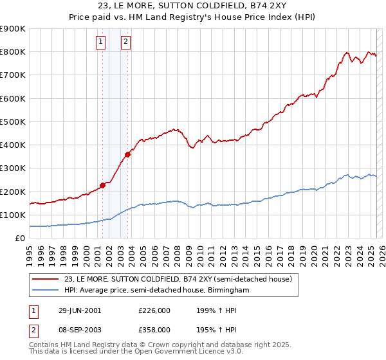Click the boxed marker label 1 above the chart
click(102, 42)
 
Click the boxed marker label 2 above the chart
click(125, 42)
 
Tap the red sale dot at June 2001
click(103, 185)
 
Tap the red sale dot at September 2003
click(128, 154)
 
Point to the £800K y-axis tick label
click(13, 52)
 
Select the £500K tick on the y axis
click(13, 122)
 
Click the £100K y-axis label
click(13, 215)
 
